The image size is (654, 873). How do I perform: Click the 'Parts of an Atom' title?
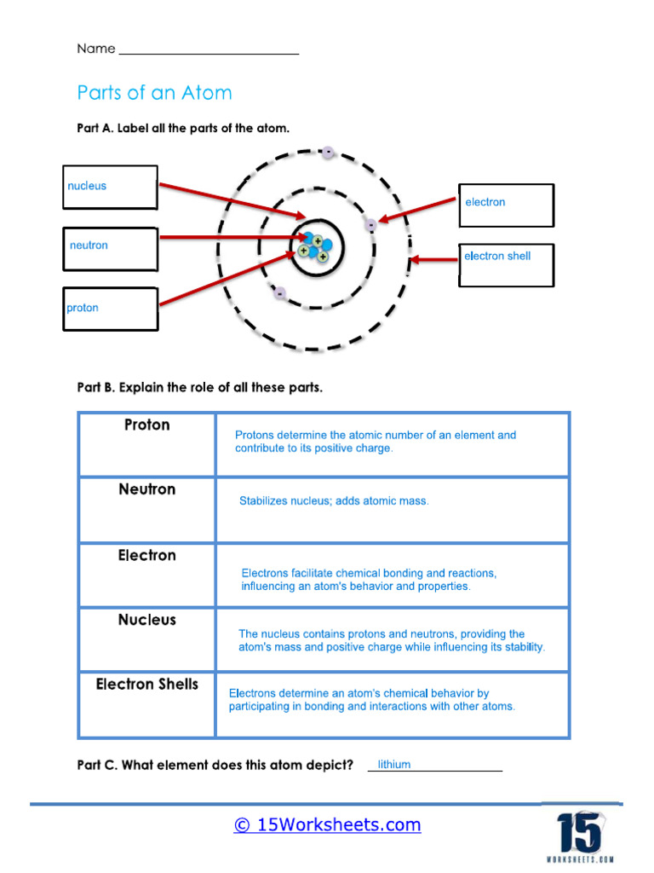click(154, 92)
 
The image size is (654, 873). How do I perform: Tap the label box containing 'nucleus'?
click(110, 187)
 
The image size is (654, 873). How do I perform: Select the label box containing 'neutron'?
click(110, 248)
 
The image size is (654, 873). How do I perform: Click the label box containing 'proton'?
click(110, 309)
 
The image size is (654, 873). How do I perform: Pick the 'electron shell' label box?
click(507, 264)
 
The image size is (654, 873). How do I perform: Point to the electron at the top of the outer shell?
click(328, 153)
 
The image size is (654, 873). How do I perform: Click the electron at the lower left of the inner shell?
click(280, 294)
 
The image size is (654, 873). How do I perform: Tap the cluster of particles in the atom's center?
click(314, 246)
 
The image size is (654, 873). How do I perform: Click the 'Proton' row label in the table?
click(147, 425)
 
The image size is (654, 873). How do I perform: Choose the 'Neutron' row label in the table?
click(147, 489)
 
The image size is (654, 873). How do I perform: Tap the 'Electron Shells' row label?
click(147, 684)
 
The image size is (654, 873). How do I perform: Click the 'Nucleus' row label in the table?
click(147, 620)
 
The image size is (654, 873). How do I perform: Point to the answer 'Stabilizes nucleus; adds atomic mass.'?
click(334, 501)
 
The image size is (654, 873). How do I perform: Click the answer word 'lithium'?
click(394, 765)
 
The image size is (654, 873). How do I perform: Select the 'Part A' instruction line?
click(183, 129)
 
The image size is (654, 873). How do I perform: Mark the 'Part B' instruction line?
click(200, 388)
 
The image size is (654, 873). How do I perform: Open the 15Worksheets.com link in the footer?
click(327, 824)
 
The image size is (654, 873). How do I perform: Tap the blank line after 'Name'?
click(209, 51)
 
